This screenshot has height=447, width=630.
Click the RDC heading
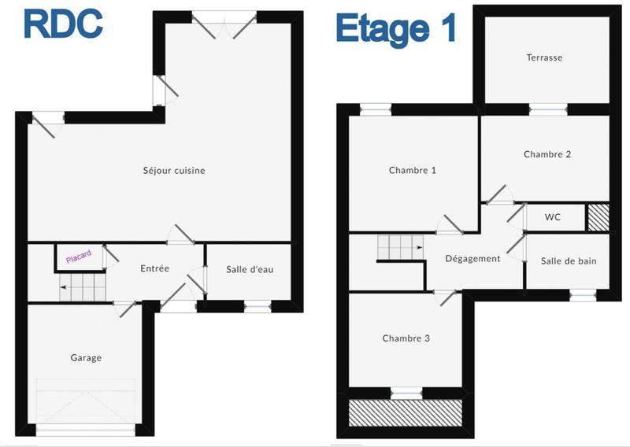coord(63,24)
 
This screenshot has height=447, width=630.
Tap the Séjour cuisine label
coord(174,170)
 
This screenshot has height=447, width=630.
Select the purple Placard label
coord(79,257)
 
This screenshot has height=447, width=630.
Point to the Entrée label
coord(154,268)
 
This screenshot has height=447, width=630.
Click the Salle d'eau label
coord(250,269)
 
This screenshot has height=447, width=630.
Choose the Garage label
coord(86,357)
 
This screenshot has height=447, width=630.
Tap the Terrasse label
coord(544,57)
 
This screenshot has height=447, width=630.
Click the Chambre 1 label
coord(412,170)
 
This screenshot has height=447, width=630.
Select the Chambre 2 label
coord(547,154)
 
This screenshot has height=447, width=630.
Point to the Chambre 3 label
coord(406,338)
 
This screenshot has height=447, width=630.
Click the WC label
coord(553,217)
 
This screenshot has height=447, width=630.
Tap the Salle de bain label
coord(567,260)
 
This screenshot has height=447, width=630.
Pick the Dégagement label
coord(472,258)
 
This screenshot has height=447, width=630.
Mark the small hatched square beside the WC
coord(598,217)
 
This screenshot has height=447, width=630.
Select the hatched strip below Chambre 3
coord(405,411)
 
